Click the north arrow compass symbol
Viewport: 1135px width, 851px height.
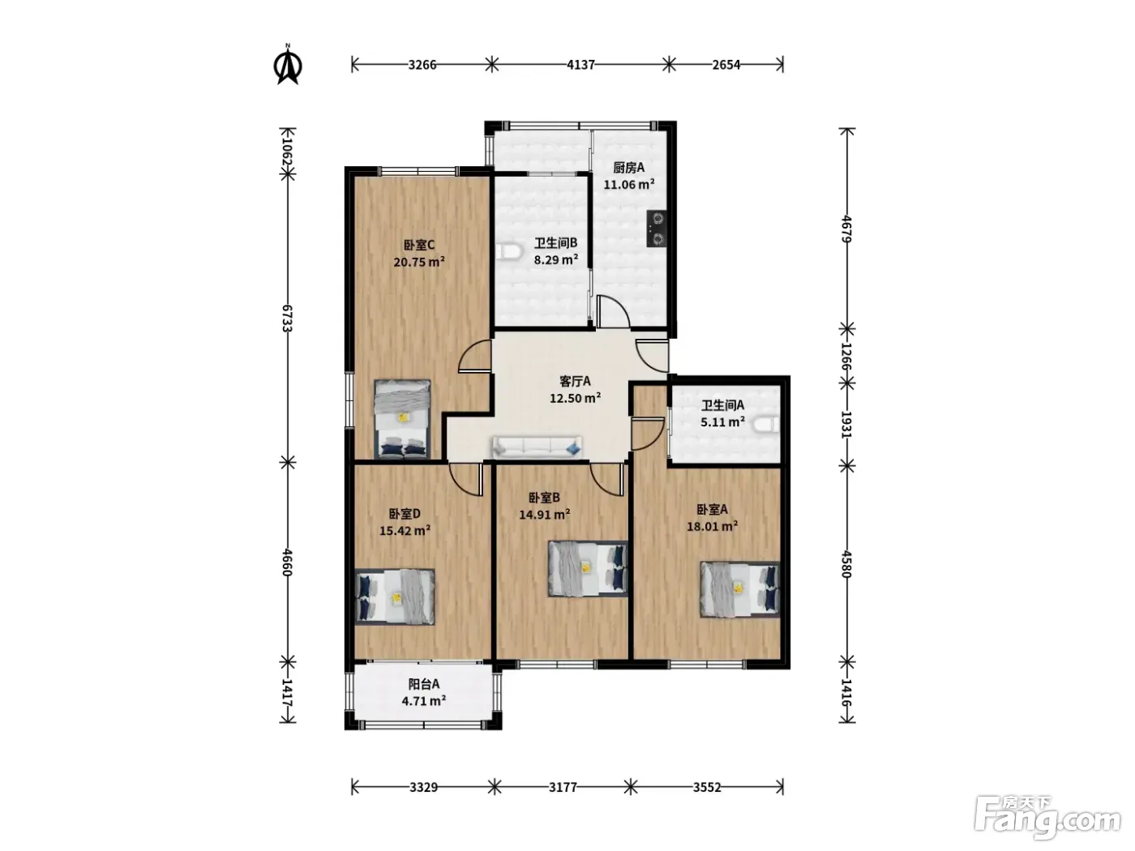click(288, 65)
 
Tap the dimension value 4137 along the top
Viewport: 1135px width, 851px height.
click(580, 65)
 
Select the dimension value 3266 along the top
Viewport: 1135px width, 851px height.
click(422, 65)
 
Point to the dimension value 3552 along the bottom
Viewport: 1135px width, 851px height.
click(707, 788)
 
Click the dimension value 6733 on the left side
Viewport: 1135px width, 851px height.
click(288, 319)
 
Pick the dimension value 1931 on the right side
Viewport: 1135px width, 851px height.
click(846, 424)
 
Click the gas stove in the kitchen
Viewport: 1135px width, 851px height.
click(657, 229)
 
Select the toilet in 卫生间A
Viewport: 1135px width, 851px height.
click(767, 425)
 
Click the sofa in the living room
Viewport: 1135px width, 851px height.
click(537, 447)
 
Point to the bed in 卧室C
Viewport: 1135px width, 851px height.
click(402, 419)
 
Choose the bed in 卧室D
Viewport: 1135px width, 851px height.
click(395, 597)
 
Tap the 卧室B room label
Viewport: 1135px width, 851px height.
click(544, 498)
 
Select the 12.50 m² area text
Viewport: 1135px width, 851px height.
click(575, 398)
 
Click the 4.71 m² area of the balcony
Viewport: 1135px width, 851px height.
click(423, 700)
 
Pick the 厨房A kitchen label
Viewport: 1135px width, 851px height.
click(629, 168)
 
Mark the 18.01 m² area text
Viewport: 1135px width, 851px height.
click(712, 526)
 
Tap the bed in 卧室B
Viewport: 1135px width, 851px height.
click(588, 569)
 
